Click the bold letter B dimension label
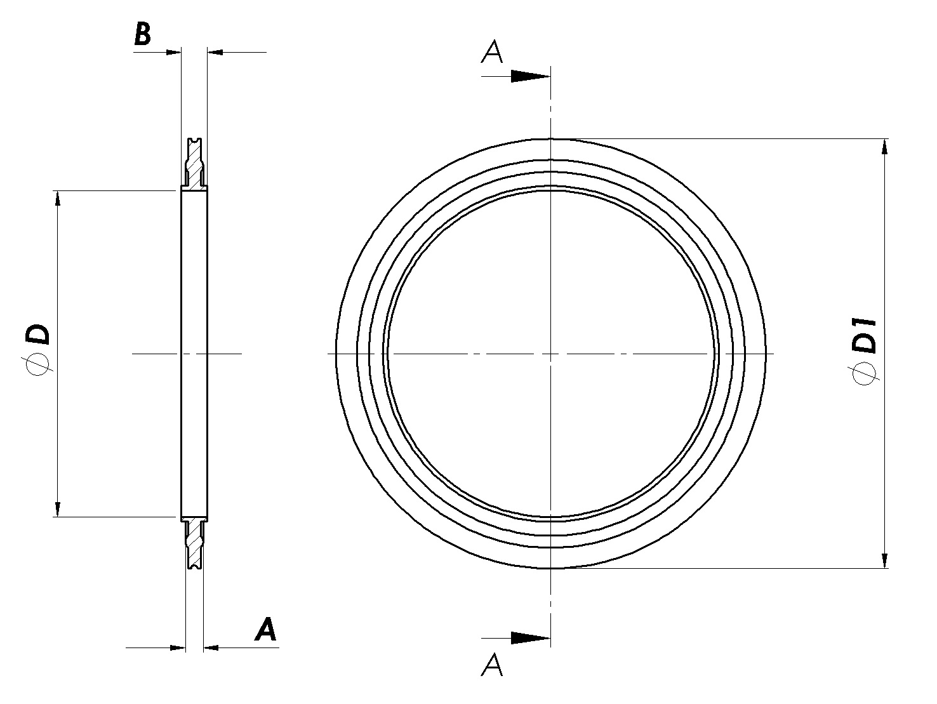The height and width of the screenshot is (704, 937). pyautogui.click(x=143, y=34)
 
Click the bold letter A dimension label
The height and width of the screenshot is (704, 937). pyautogui.click(x=265, y=629)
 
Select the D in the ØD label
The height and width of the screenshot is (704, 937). pyautogui.click(x=37, y=335)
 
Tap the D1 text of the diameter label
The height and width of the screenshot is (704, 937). pyautogui.click(x=863, y=335)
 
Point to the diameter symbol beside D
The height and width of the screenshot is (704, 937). pyautogui.click(x=39, y=365)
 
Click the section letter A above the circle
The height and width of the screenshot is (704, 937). pyautogui.click(x=492, y=51)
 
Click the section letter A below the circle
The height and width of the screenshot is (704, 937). pyautogui.click(x=492, y=665)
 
